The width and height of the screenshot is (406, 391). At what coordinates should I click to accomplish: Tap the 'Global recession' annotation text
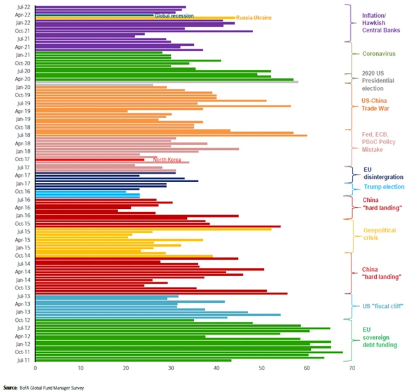[x=174, y=15]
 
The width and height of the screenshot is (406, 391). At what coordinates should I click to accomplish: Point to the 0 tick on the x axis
[x=36, y=367]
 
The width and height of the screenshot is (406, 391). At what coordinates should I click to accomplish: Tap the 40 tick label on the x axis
[x=216, y=367]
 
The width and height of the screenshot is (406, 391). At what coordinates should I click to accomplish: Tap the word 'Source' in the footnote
[x=10, y=386]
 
